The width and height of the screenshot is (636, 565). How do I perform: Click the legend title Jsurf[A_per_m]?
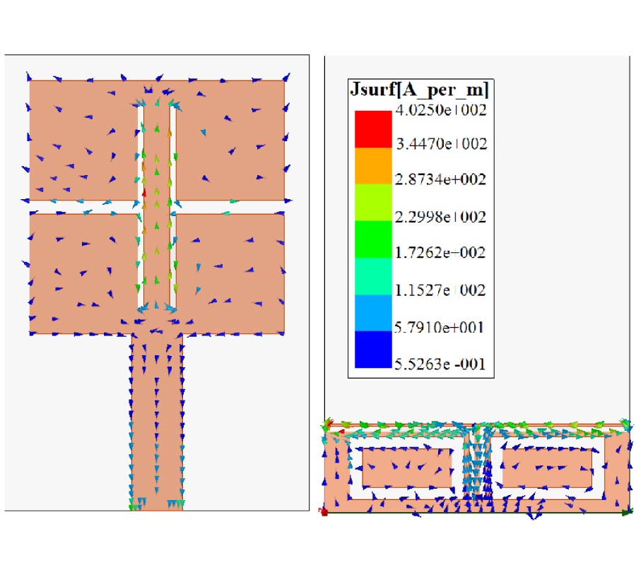419,90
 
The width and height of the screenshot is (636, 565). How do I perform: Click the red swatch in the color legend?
373,129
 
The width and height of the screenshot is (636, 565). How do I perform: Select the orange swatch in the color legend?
373,166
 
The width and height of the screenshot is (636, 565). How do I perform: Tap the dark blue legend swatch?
373,350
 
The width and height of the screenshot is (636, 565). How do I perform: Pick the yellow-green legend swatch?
373,203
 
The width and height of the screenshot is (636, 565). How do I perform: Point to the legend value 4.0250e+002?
441,110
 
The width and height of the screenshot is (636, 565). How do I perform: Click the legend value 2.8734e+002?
440,179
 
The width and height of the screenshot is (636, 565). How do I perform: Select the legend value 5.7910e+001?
440,327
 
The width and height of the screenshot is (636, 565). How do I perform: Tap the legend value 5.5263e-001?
440,364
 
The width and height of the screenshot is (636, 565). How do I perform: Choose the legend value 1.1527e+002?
440,290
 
